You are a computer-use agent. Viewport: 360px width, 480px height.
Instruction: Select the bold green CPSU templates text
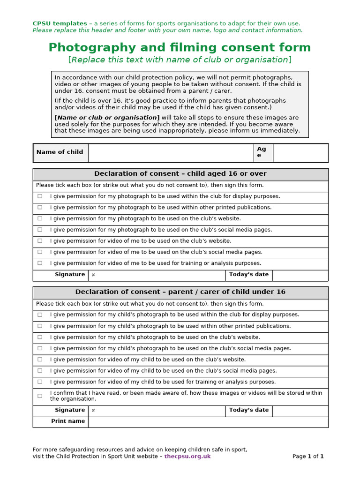60,23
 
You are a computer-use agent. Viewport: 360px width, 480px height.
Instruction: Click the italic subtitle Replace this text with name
180,60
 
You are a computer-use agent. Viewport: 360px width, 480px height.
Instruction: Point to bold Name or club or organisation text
107,118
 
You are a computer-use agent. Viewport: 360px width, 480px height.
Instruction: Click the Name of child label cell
60,152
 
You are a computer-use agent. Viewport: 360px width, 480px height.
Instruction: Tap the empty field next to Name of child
170,153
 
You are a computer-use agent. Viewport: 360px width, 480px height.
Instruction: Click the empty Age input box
300,153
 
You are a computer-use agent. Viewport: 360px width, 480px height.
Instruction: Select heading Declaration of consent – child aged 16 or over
180,174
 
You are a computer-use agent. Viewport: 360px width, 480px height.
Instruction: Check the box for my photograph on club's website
40,219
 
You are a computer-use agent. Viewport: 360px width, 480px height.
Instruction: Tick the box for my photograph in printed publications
40,208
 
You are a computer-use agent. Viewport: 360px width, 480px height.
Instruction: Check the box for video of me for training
40,263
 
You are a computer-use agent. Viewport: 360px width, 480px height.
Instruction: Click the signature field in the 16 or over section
157,275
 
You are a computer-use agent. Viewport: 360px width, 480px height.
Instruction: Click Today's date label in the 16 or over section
248,275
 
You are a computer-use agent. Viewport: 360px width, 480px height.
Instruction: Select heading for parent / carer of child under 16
180,292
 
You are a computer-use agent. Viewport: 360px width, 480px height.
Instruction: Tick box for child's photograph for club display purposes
40,315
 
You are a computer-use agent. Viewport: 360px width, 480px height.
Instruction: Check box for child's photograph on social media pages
40,349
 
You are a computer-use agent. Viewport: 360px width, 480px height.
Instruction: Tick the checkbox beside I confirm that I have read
40,396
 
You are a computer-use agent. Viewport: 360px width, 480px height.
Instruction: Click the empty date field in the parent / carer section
300,411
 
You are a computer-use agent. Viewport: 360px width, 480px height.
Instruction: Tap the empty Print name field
208,422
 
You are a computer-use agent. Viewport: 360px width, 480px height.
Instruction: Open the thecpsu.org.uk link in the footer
187,457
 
